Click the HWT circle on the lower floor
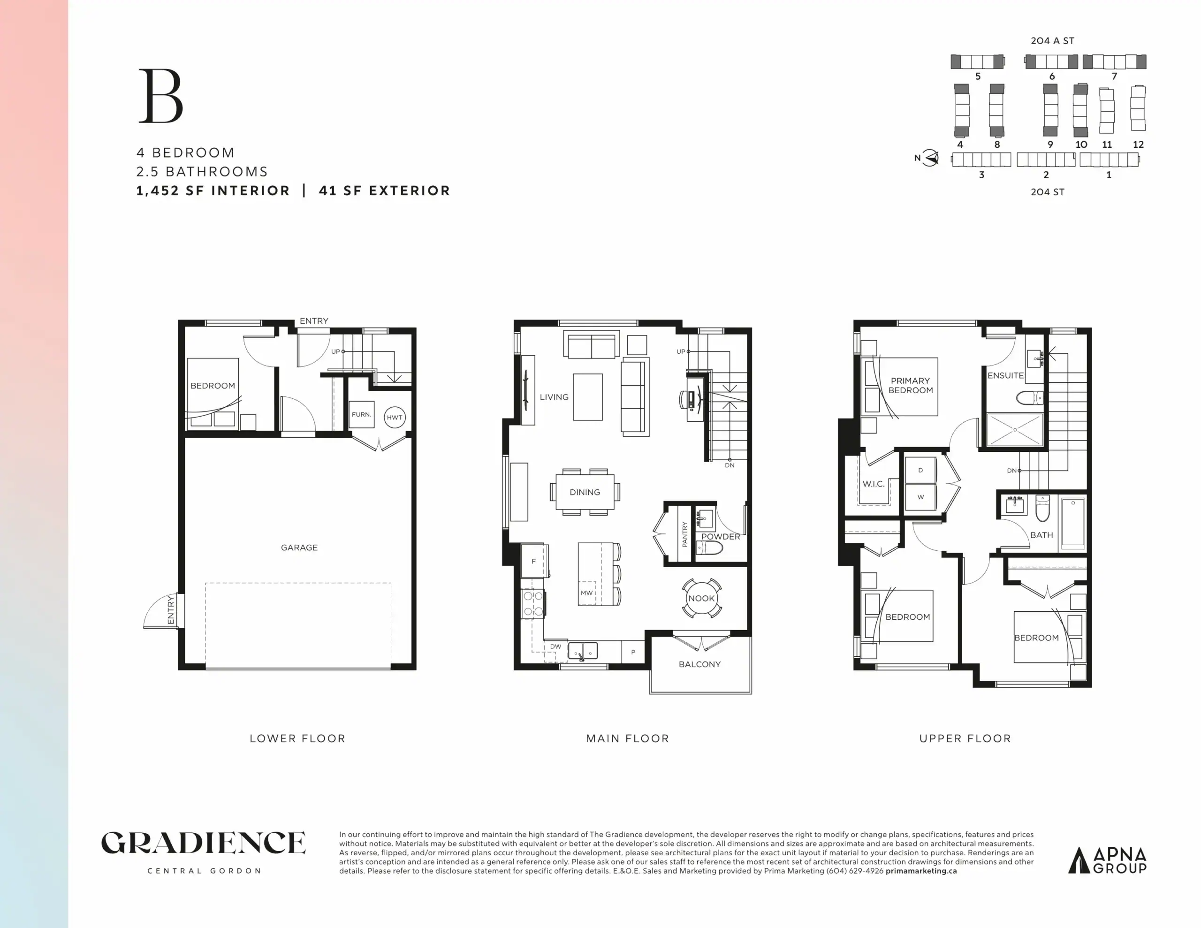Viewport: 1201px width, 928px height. pos(394,417)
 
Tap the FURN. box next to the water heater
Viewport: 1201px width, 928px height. pos(361,415)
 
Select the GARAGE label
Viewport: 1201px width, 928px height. pos(299,548)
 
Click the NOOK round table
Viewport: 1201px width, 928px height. pos(701,598)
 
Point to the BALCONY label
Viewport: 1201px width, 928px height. pos(699,664)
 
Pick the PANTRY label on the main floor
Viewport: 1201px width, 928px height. pos(684,534)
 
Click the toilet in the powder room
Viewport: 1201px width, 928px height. pos(709,548)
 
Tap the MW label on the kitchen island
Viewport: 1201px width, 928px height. pos(586,593)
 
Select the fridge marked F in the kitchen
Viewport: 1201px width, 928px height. pos(534,561)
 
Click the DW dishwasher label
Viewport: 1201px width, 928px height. pos(555,647)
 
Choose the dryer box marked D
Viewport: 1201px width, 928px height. pos(920,470)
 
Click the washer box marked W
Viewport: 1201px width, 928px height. pos(920,497)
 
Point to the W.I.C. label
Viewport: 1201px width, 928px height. pos(873,484)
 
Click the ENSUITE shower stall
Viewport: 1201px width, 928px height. pos(1015,430)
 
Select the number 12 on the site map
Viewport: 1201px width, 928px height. pos(1138,145)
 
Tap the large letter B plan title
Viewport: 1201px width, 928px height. pos(160,96)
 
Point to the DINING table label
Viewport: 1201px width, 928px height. pos(585,492)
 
